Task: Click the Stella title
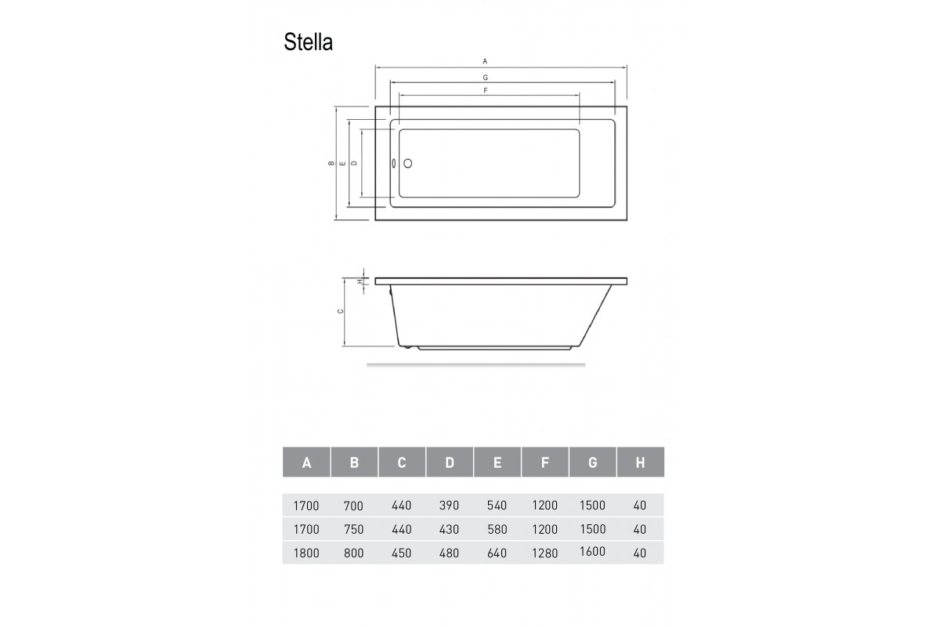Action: (x=308, y=42)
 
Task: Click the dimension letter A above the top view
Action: (x=485, y=60)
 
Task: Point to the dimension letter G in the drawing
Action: (x=485, y=78)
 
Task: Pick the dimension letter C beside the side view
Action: (x=339, y=311)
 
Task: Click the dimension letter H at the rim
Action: (x=360, y=281)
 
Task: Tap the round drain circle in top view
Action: (x=407, y=164)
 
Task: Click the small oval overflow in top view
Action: (x=395, y=164)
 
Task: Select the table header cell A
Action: (x=306, y=462)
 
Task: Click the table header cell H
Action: (x=640, y=462)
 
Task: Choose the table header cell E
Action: (x=497, y=462)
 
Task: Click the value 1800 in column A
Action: (x=305, y=553)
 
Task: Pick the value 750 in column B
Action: (x=354, y=529)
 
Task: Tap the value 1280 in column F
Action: (x=544, y=553)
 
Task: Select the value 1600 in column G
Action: (x=592, y=551)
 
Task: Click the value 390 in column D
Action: (x=449, y=506)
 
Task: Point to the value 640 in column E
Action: (x=497, y=553)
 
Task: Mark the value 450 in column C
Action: (x=401, y=553)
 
